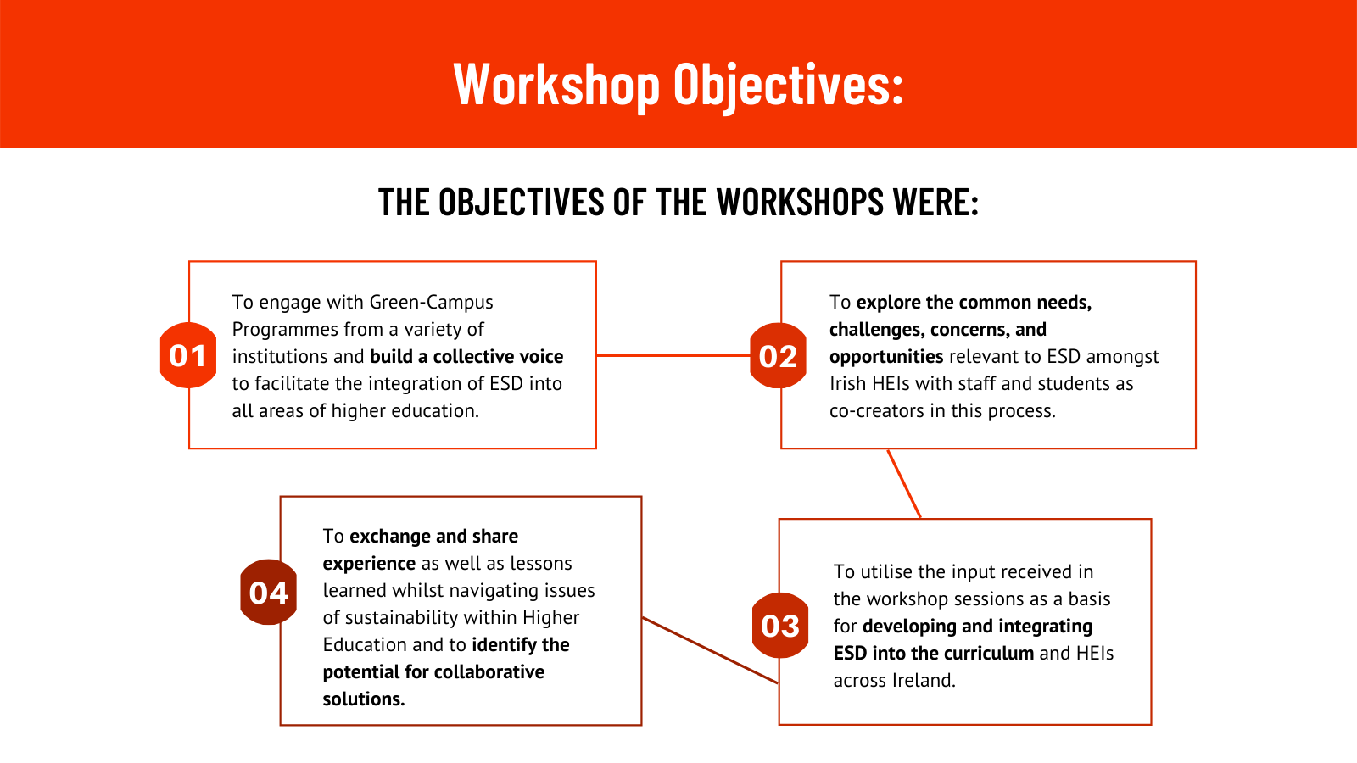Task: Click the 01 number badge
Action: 188,355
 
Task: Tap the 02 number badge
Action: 778,355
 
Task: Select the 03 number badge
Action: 780,626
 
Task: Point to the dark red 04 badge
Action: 268,593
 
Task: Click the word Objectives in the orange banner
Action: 789,85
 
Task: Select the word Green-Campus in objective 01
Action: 431,302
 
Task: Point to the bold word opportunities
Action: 886,357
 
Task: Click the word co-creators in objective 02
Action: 877,410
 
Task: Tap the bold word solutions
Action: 364,699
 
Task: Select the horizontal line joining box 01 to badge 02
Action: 673,355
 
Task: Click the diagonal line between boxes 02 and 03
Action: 904,484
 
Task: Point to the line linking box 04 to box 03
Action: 710,650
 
